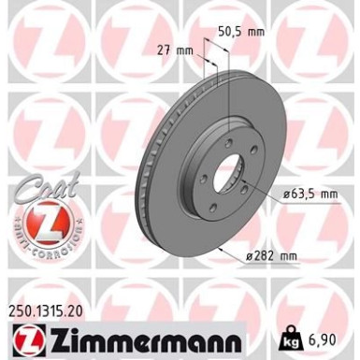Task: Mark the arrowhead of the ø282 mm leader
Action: click(x=220, y=251)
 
